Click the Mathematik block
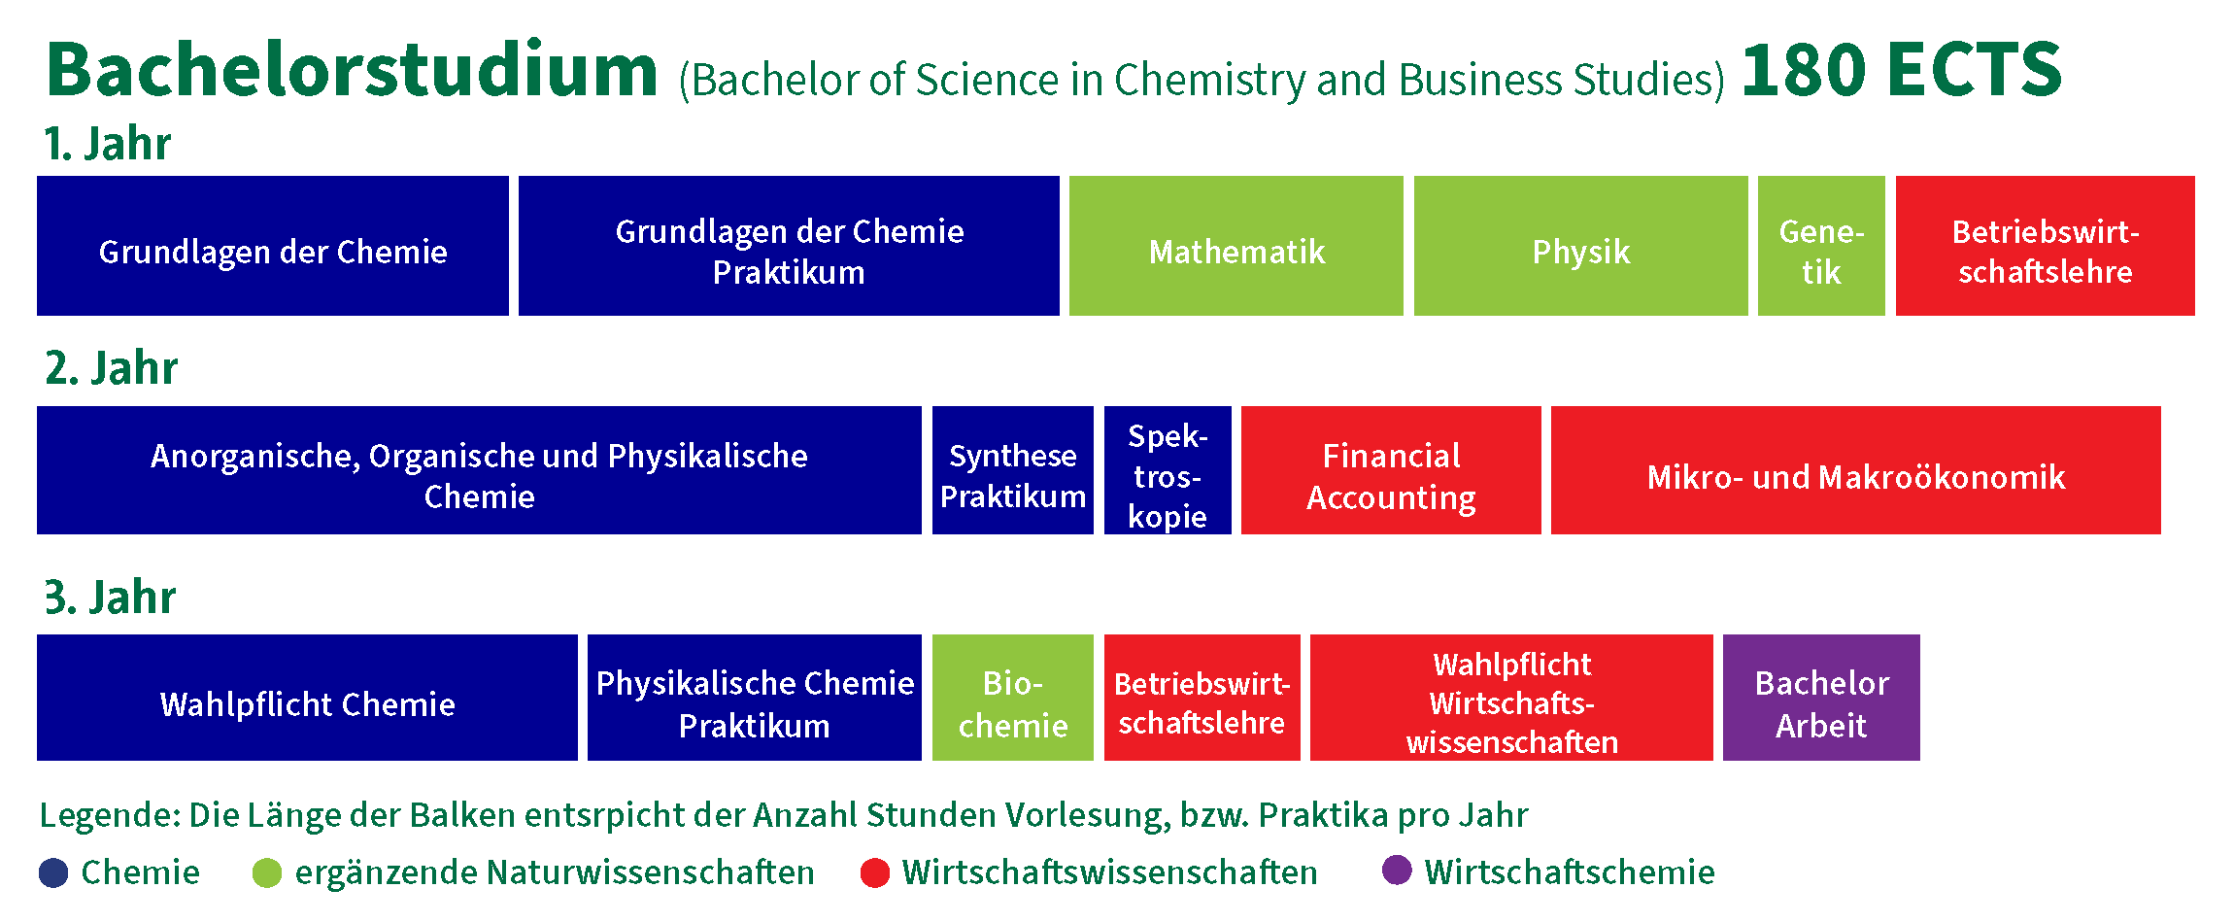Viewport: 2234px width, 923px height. point(1235,246)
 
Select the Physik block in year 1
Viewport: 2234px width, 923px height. point(1580,246)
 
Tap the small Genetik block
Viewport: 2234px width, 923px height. point(1821,246)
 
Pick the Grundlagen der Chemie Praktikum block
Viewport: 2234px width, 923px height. point(789,246)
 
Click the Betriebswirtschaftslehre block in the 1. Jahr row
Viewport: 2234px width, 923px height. point(2045,246)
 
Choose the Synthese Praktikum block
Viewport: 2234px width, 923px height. point(1013,470)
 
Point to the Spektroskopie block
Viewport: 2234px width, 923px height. point(1168,470)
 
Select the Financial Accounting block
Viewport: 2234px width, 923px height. point(1391,470)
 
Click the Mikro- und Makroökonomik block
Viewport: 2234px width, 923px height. point(1856,470)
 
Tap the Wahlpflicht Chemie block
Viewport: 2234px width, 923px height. point(307,698)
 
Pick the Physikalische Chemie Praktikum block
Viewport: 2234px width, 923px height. point(755,698)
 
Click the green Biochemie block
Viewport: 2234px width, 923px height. point(1013,698)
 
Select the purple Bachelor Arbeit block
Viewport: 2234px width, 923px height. point(1821,698)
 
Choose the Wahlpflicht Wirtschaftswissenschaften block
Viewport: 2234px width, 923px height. point(1511,698)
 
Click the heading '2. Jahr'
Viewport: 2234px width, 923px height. point(111,368)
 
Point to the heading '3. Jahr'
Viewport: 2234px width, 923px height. point(110,597)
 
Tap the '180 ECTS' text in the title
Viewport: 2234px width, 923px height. point(1901,70)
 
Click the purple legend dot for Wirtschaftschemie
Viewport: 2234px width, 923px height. point(1397,871)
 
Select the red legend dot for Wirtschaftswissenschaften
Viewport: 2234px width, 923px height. point(875,872)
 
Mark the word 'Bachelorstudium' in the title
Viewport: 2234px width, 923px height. point(352,70)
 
